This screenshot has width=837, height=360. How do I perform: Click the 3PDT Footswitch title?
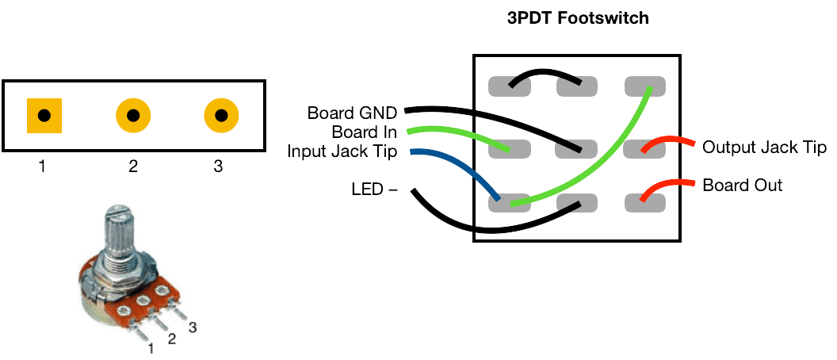[x=578, y=17]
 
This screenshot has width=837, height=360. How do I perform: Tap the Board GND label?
[x=352, y=113]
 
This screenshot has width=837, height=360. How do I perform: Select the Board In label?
[x=365, y=132]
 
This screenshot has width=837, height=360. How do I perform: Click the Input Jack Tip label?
[x=342, y=151]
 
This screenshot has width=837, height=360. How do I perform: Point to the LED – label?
[x=374, y=190]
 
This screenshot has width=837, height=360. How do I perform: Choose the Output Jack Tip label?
[x=765, y=147]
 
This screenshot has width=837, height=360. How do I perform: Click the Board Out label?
[x=743, y=186]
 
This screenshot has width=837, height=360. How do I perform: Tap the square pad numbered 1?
[x=45, y=116]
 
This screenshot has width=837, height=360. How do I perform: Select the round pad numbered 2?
[x=133, y=116]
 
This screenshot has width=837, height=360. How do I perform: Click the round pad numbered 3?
[x=221, y=116]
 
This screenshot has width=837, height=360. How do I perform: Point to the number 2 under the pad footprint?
[x=133, y=166]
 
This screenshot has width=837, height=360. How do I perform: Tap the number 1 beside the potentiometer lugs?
[x=150, y=346]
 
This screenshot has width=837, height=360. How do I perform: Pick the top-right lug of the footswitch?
[x=645, y=86]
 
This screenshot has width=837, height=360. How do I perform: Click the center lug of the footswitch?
[x=576, y=147]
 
